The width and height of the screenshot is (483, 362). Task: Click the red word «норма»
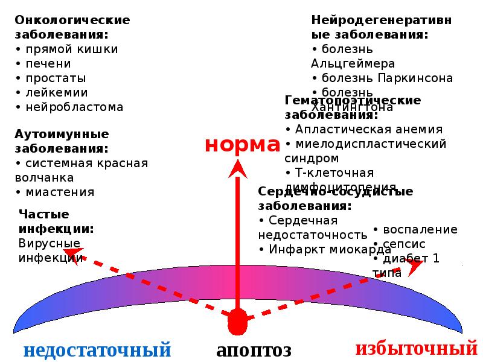click(242, 145)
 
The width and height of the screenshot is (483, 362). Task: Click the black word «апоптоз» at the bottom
click(254, 350)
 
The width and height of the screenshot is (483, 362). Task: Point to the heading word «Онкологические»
click(72, 20)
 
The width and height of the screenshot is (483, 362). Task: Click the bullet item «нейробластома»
click(74, 107)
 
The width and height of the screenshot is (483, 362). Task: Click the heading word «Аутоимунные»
click(62, 133)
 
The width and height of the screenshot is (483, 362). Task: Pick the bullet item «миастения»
click(60, 192)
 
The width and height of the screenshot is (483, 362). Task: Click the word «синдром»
click(311, 159)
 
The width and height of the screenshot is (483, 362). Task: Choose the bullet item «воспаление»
click(420, 230)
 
